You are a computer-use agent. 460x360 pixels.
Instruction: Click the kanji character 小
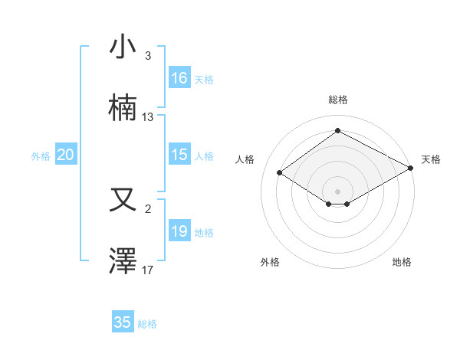123,47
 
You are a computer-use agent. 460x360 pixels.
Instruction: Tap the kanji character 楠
123,108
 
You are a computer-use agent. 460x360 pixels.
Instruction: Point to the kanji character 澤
123,261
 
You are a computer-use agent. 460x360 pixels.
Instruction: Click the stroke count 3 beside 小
148,56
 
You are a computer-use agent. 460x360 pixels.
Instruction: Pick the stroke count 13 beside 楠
148,117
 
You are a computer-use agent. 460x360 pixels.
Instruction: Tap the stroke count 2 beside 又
148,208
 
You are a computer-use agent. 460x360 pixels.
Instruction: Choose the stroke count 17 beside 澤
148,270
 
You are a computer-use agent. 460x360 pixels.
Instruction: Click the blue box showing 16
179,78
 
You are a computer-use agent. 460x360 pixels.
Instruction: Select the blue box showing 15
179,155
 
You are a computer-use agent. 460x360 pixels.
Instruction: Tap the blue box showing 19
179,231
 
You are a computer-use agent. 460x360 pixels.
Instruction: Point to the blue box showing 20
66,155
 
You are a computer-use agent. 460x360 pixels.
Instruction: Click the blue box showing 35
123,322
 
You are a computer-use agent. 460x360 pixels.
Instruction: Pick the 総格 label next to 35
147,324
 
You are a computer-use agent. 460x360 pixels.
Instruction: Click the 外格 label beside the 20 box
41,155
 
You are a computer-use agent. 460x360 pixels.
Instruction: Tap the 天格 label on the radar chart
431,159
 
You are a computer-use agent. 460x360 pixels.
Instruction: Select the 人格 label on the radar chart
245,159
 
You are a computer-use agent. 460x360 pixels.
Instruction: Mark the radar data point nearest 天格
411,168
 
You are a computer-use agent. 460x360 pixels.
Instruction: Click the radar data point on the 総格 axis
337,131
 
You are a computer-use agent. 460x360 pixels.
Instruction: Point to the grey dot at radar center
337,190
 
